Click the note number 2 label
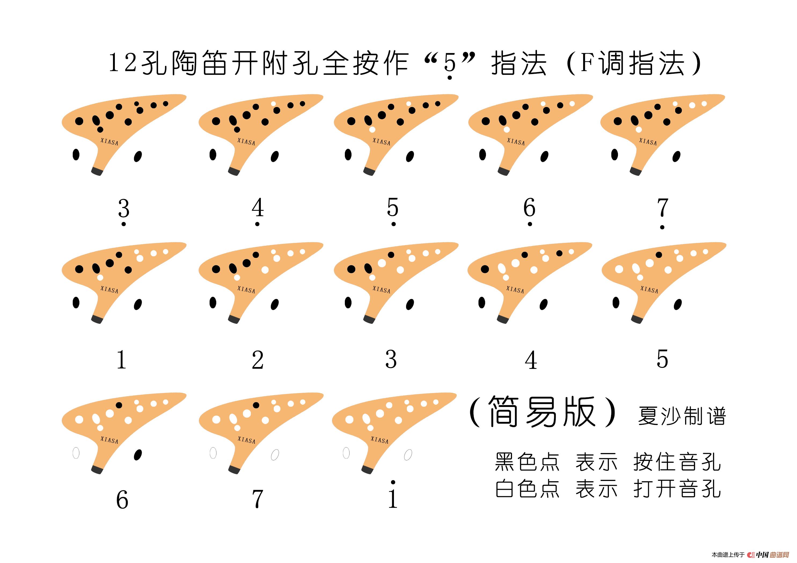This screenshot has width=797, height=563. click(258, 360)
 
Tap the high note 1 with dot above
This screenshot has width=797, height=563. click(393, 494)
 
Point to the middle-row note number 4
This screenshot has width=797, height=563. click(531, 360)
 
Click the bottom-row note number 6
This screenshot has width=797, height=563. click(122, 500)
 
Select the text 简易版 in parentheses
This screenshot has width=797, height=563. click(543, 412)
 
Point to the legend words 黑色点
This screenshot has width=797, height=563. click(527, 462)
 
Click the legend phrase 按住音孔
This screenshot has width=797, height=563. click(677, 462)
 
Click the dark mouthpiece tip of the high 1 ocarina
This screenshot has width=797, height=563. click(368, 470)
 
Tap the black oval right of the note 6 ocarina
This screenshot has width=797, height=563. click(138, 454)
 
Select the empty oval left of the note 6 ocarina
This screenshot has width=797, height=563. click(76, 453)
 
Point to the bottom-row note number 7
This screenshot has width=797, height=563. click(258, 500)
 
